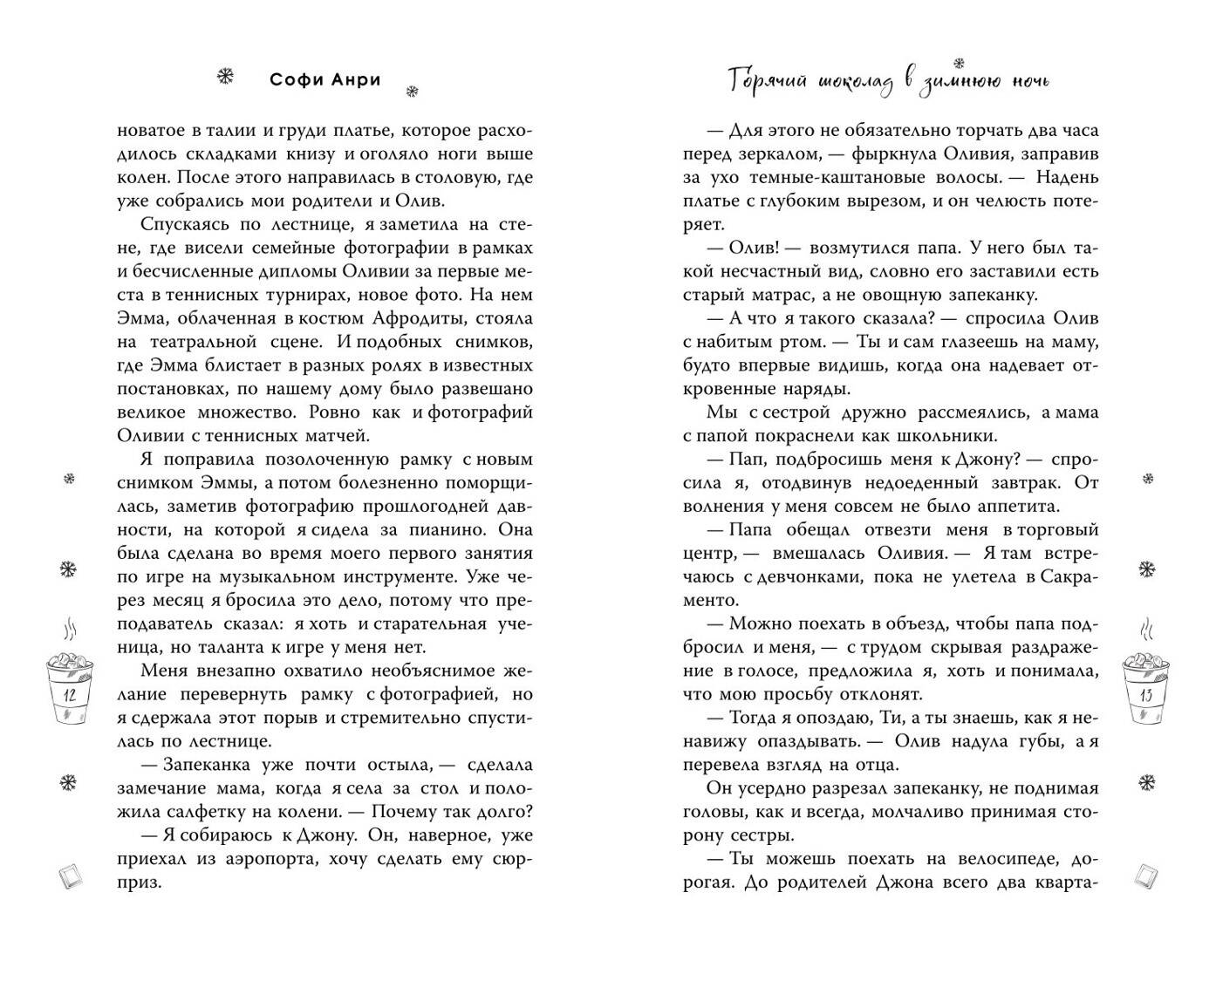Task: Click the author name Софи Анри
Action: coord(324,80)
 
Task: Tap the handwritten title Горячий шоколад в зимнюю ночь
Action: coord(889,81)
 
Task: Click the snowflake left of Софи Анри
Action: coord(225,78)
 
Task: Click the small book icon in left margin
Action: coord(70,875)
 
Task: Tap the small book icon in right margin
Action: coord(1146,875)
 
